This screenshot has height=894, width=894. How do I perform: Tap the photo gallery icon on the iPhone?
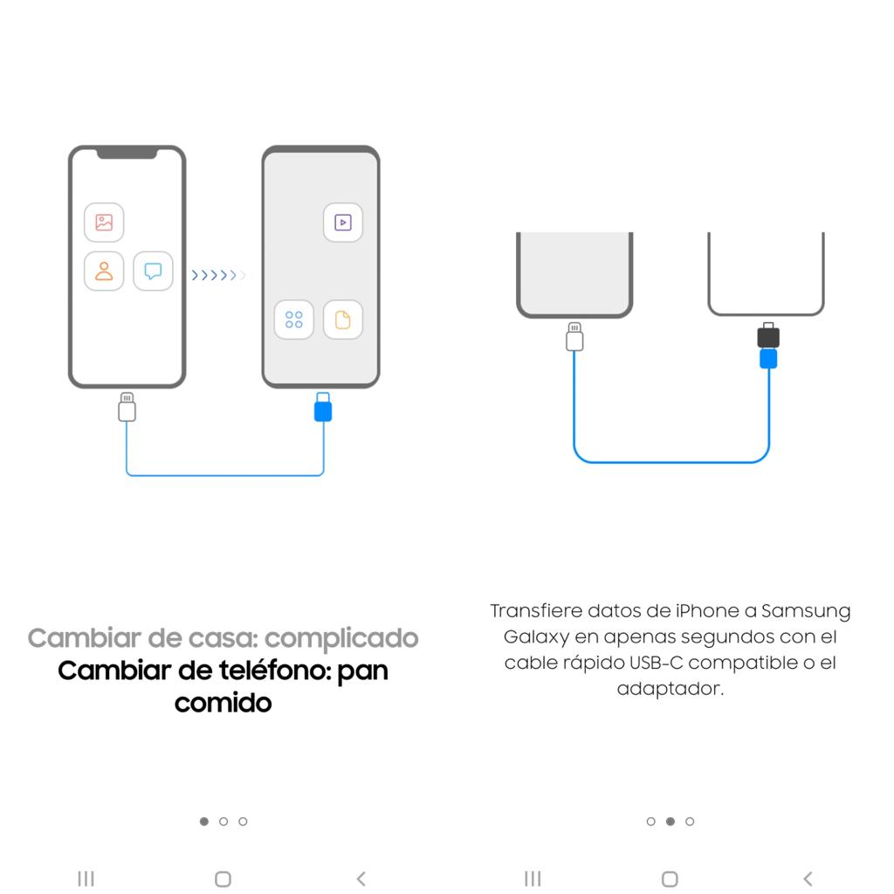[x=104, y=223]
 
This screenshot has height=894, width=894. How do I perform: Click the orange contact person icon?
[x=104, y=271]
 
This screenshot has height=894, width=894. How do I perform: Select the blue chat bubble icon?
[x=153, y=271]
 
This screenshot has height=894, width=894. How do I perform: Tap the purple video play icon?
[x=343, y=223]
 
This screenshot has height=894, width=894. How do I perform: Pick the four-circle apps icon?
[x=293, y=320]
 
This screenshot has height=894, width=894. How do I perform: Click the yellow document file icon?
[x=343, y=320]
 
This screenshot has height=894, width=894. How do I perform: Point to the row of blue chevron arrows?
[x=217, y=276]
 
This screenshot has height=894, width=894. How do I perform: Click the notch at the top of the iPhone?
[x=127, y=154]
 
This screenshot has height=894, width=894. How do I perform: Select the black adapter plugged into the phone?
[x=768, y=336]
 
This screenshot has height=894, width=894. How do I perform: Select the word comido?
[x=223, y=702]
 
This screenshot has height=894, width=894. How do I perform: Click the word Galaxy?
[x=533, y=636]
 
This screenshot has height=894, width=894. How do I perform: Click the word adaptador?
[x=670, y=689]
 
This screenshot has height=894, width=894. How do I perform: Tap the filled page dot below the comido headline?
[x=204, y=822]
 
